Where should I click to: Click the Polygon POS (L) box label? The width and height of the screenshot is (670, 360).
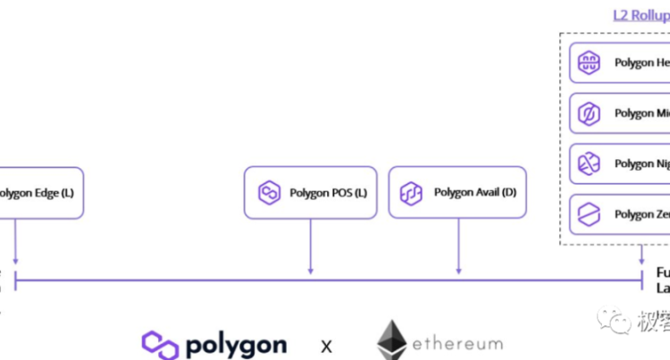[328, 193]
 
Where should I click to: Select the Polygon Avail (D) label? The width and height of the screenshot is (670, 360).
[474, 192]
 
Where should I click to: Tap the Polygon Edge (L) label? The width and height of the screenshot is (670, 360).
[36, 193]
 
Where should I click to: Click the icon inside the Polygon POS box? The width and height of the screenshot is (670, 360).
[269, 193]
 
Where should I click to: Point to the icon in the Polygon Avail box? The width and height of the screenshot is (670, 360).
[411, 192]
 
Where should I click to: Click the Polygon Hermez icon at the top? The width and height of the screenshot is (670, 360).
[590, 63]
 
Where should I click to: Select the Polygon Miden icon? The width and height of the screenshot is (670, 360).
[590, 113]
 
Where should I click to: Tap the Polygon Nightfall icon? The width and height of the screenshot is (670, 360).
[590, 163]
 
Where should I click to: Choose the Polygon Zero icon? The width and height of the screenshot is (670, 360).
[590, 214]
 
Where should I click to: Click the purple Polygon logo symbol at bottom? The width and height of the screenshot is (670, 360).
[160, 344]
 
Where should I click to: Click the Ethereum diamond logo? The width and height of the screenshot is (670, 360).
[391, 341]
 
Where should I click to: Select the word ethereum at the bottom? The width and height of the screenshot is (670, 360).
[456, 344]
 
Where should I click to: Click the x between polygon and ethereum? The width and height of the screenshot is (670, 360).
[326, 346]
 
